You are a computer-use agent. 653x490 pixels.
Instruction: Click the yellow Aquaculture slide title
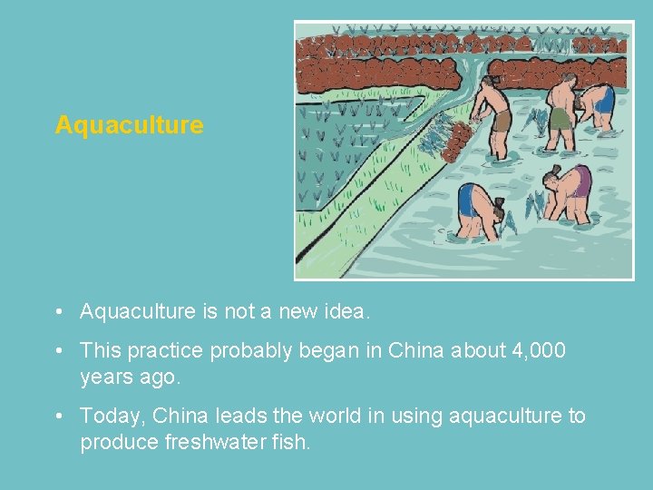coord(129,125)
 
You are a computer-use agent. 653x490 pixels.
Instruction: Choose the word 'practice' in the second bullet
coord(161,350)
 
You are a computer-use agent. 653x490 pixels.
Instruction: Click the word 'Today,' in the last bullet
coord(112,416)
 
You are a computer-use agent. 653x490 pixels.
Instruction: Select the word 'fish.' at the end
coord(289,443)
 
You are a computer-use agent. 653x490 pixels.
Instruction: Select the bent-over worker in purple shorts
coord(570,191)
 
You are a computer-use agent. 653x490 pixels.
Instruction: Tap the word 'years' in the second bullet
coord(106,376)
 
